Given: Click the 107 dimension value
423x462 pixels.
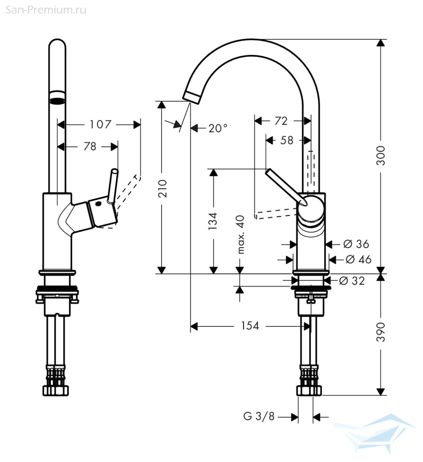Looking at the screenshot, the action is tap(100, 125).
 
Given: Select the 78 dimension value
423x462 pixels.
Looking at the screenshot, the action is tap(90, 146).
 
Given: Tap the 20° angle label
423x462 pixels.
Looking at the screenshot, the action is tap(218, 128).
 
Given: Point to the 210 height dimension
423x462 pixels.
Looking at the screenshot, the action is tap(162, 189).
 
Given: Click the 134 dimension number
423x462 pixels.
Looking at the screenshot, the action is tap(213, 221).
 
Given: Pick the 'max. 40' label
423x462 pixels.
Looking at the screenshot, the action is tap(240, 235).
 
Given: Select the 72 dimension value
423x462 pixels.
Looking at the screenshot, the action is tap(281, 121).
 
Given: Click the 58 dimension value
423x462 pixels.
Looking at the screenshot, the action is tap(287, 140).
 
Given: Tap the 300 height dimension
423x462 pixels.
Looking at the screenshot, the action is tap(380, 156).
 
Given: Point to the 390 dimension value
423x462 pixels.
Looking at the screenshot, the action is tap(380, 332).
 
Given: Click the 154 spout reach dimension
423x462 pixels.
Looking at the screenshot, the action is tap(250, 326).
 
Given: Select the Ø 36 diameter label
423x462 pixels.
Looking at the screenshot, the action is tap(356, 244).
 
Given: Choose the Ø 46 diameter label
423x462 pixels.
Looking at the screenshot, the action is tap(358, 259).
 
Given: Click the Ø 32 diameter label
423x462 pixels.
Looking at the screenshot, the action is tap(352, 281).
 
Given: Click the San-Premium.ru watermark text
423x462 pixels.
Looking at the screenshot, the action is tap(46, 10).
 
